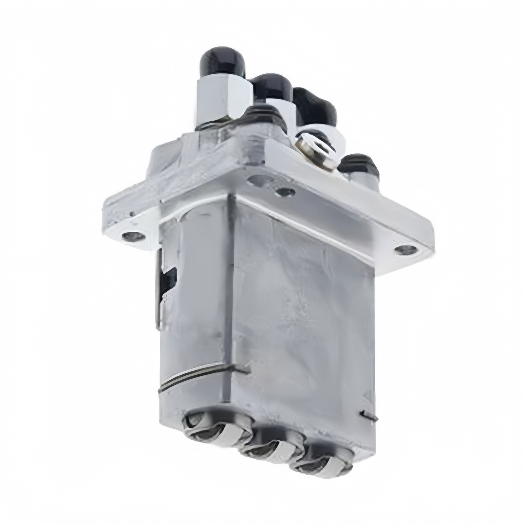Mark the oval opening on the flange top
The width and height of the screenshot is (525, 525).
(x=260, y=179)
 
